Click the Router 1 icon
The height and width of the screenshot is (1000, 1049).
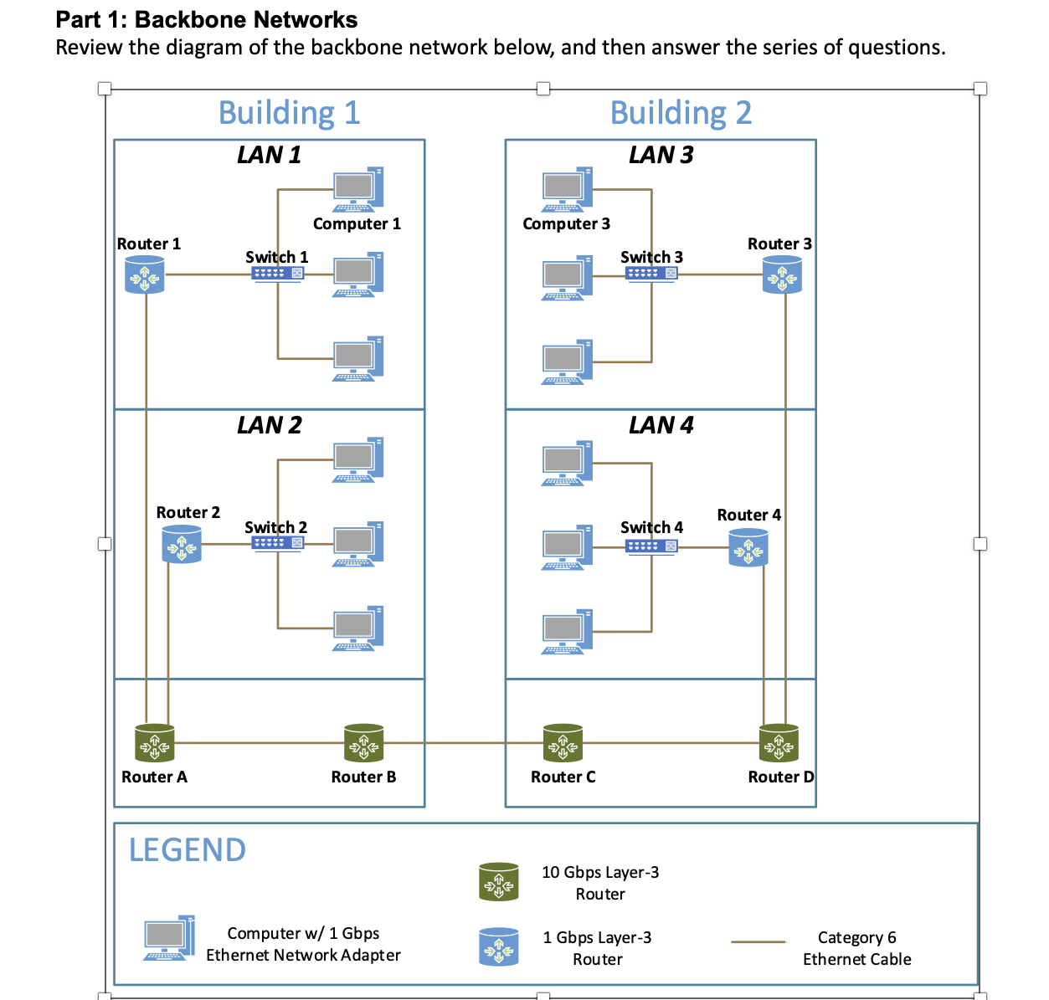[x=145, y=274]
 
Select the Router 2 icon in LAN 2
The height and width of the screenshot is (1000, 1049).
[x=182, y=545]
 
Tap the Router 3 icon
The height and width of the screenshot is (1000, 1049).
[x=782, y=274]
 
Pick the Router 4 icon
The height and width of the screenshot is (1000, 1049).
[x=748, y=548]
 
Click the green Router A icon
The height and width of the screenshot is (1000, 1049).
[x=155, y=743]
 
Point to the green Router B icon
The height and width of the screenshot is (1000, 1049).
[x=364, y=743]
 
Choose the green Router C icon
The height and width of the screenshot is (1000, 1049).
[x=563, y=743]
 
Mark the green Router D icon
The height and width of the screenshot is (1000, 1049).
[x=779, y=743]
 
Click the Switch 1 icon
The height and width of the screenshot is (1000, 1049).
[x=277, y=274]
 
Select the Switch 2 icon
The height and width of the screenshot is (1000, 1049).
[x=277, y=544]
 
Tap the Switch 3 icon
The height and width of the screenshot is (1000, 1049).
[x=651, y=274]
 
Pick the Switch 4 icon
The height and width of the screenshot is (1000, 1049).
[x=651, y=546]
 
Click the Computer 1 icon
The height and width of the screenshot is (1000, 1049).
[x=358, y=190]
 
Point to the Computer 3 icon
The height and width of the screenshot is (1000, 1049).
[x=567, y=190]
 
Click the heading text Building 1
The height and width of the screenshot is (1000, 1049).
[x=289, y=113]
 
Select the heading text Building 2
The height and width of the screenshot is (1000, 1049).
[x=681, y=113]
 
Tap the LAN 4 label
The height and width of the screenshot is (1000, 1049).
[x=661, y=425]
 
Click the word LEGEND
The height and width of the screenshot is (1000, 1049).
[x=188, y=850]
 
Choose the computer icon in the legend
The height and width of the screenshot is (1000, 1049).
[x=169, y=938]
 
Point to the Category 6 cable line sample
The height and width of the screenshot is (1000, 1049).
[x=758, y=942]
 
